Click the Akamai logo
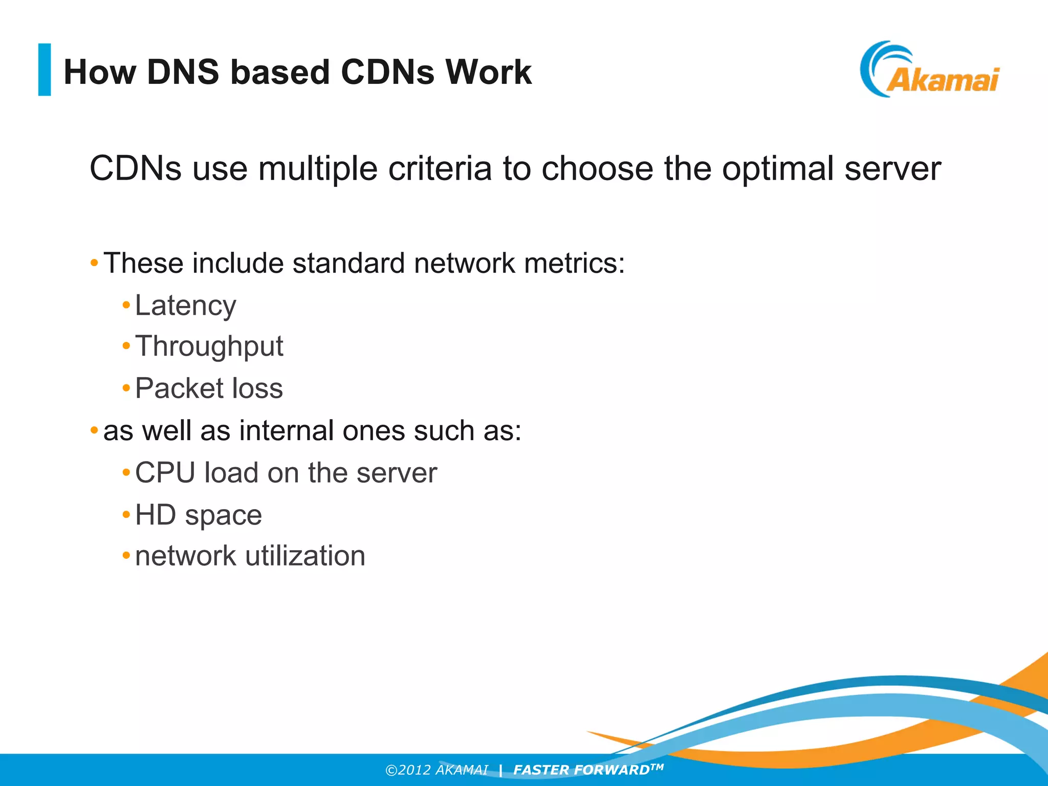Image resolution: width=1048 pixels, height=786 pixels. click(929, 71)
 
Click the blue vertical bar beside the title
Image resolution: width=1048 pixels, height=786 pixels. click(45, 70)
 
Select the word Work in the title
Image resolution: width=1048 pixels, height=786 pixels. click(488, 72)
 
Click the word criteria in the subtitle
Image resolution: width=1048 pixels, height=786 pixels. click(440, 168)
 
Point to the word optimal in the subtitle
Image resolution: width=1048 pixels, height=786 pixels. click(777, 168)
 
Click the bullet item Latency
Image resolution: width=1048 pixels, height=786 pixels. click(185, 305)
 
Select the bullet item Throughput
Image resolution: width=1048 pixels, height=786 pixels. click(209, 347)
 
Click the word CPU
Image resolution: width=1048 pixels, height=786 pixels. click(165, 472)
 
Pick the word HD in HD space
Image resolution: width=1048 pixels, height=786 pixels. click(155, 515)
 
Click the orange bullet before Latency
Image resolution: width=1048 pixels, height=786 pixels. click(126, 305)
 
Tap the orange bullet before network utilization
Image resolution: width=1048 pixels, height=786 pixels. click(126, 555)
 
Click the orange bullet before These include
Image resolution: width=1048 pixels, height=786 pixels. click(94, 264)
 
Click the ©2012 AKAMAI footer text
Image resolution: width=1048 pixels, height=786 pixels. click(436, 770)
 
